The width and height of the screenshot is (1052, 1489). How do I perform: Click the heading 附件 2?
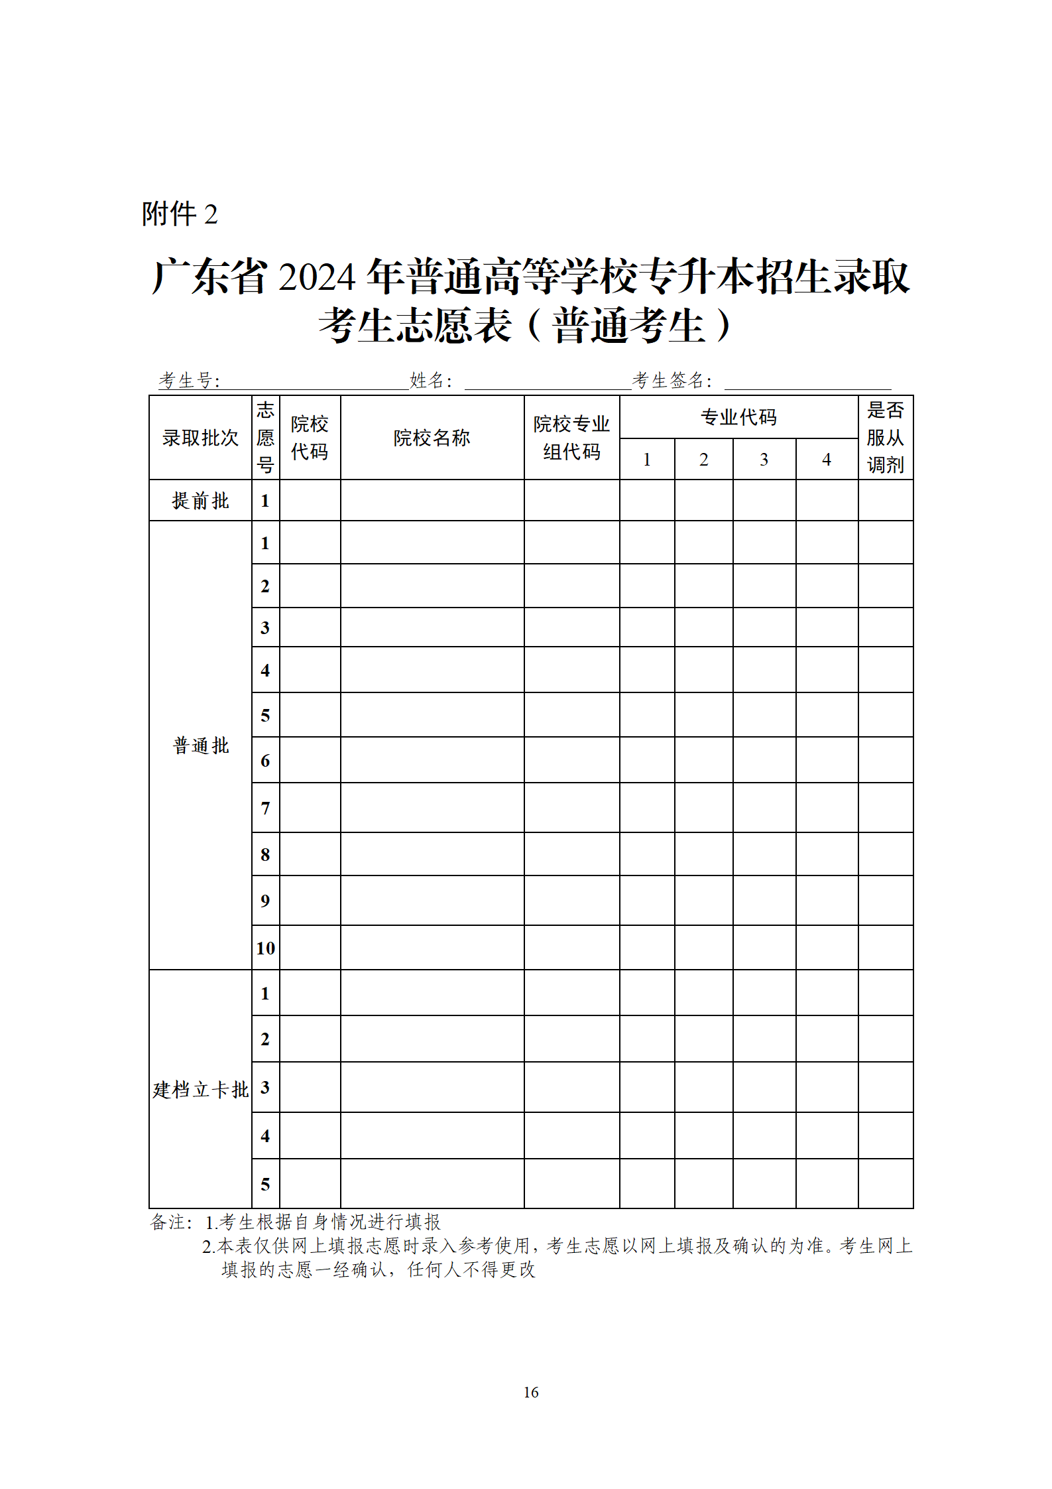tap(180, 214)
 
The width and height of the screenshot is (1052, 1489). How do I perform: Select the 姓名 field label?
tap(430, 381)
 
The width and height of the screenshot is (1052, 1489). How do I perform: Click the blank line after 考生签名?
tap(807, 383)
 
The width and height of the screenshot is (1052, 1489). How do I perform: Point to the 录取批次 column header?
tap(200, 438)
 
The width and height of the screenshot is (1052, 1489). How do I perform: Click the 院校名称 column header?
tap(432, 438)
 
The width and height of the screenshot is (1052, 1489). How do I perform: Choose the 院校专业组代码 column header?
tap(571, 438)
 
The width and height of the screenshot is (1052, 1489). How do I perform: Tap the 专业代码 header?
tap(738, 417)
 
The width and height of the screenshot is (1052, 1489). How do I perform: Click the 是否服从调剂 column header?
tap(885, 438)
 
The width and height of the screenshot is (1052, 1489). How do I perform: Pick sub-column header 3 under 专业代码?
tap(764, 460)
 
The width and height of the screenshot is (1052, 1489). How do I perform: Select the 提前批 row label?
tap(200, 501)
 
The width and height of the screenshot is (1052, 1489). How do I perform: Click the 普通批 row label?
tap(200, 745)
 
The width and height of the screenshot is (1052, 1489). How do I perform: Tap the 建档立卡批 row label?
tap(200, 1090)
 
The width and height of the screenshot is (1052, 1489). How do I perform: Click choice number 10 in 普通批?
tap(265, 948)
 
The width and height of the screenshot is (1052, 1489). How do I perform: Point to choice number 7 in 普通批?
tap(265, 809)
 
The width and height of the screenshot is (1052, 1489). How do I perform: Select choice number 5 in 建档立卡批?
tap(265, 1185)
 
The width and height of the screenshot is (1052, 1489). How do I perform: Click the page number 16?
tap(531, 1393)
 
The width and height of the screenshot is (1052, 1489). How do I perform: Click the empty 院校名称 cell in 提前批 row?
tap(432, 501)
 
